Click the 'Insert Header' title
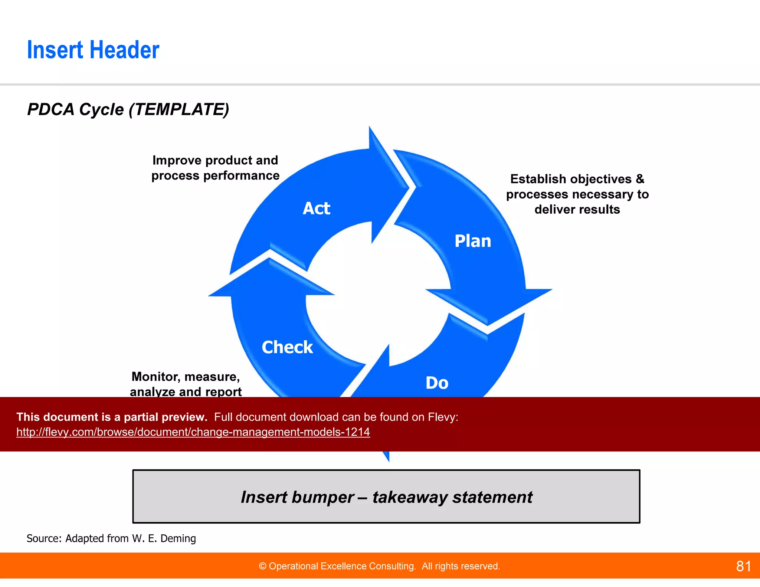click(93, 50)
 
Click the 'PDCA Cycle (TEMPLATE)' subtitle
click(128, 109)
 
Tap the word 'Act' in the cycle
click(316, 208)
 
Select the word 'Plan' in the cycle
click(473, 241)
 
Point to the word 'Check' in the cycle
click(287, 347)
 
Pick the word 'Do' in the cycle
click(437, 383)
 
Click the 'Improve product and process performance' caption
click(215, 168)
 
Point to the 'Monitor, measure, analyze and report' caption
click(186, 384)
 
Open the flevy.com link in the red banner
click(193, 432)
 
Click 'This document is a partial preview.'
click(112, 417)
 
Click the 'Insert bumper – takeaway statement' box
click(386, 496)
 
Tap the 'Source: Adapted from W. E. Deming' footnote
click(111, 538)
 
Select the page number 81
click(743, 566)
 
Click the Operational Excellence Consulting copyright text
click(379, 566)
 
